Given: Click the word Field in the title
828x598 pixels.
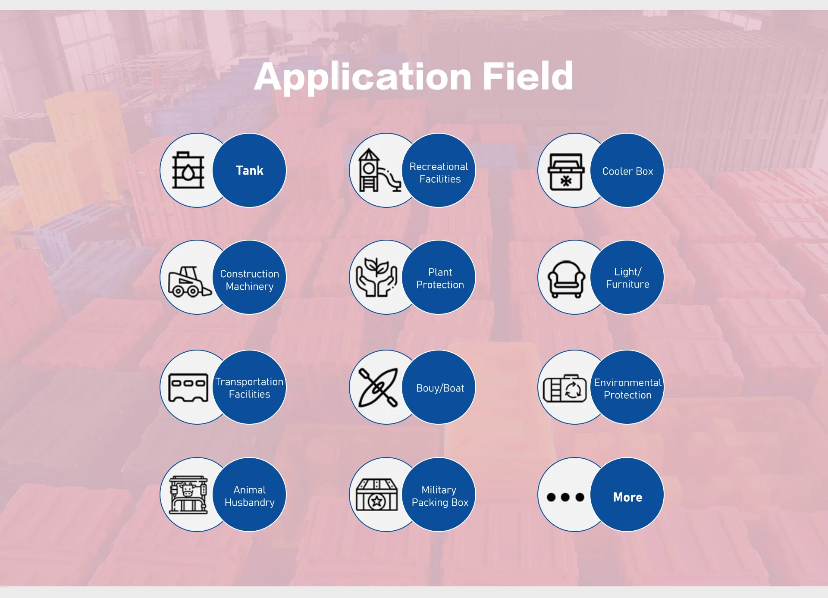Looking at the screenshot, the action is (x=528, y=76).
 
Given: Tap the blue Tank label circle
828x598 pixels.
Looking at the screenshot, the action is (x=250, y=170).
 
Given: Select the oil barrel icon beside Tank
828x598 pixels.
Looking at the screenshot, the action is (x=188, y=171).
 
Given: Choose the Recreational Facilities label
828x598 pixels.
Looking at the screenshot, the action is (x=439, y=172).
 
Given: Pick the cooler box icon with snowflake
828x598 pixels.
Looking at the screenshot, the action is (x=566, y=172).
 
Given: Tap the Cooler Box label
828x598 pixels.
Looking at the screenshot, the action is (x=627, y=171).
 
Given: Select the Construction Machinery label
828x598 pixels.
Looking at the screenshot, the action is (x=250, y=280).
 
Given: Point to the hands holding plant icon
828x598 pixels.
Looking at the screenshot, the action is (x=376, y=278).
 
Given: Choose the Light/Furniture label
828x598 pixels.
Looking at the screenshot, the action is (x=627, y=278).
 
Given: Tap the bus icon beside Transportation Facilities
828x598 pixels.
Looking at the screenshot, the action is (x=188, y=387).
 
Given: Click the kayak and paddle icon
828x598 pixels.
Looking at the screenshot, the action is (x=378, y=387).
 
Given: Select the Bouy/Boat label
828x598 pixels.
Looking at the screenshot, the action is (x=440, y=388).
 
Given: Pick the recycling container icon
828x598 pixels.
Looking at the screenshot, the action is (x=565, y=388).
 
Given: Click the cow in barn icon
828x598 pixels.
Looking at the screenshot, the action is (x=188, y=495).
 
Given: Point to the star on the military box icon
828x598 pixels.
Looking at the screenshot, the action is (x=377, y=501).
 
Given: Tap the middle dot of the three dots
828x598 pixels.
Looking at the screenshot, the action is (x=565, y=497).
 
